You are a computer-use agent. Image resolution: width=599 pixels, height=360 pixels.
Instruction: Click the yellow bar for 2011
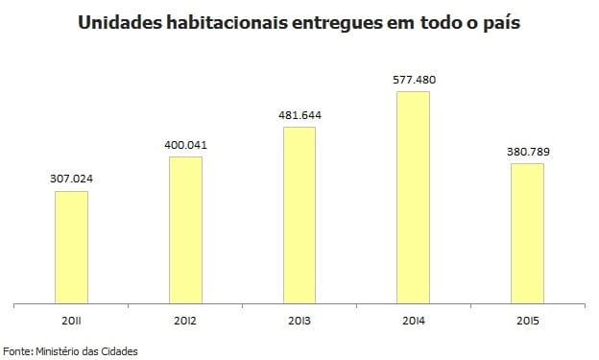(71, 247)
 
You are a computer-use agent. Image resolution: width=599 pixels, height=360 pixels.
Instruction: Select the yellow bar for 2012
(185, 229)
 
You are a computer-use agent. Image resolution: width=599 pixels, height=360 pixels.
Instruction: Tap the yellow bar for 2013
(299, 214)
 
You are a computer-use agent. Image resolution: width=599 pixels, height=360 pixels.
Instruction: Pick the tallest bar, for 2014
(414, 197)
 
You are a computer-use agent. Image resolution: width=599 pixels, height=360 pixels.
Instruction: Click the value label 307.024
(71, 180)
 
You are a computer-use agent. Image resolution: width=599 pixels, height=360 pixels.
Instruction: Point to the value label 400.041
(185, 145)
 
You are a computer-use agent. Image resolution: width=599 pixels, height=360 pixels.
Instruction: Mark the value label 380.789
(527, 152)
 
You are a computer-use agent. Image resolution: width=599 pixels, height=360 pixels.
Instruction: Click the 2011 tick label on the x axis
(71, 319)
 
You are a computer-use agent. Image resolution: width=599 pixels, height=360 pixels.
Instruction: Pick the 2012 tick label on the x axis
(185, 319)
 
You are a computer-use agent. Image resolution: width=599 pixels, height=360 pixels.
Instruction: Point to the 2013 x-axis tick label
(299, 319)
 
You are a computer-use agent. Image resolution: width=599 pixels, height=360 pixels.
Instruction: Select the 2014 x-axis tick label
(414, 319)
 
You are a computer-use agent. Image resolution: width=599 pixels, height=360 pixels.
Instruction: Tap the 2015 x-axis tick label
(527, 319)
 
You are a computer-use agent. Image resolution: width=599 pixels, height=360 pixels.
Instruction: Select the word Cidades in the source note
(119, 351)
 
